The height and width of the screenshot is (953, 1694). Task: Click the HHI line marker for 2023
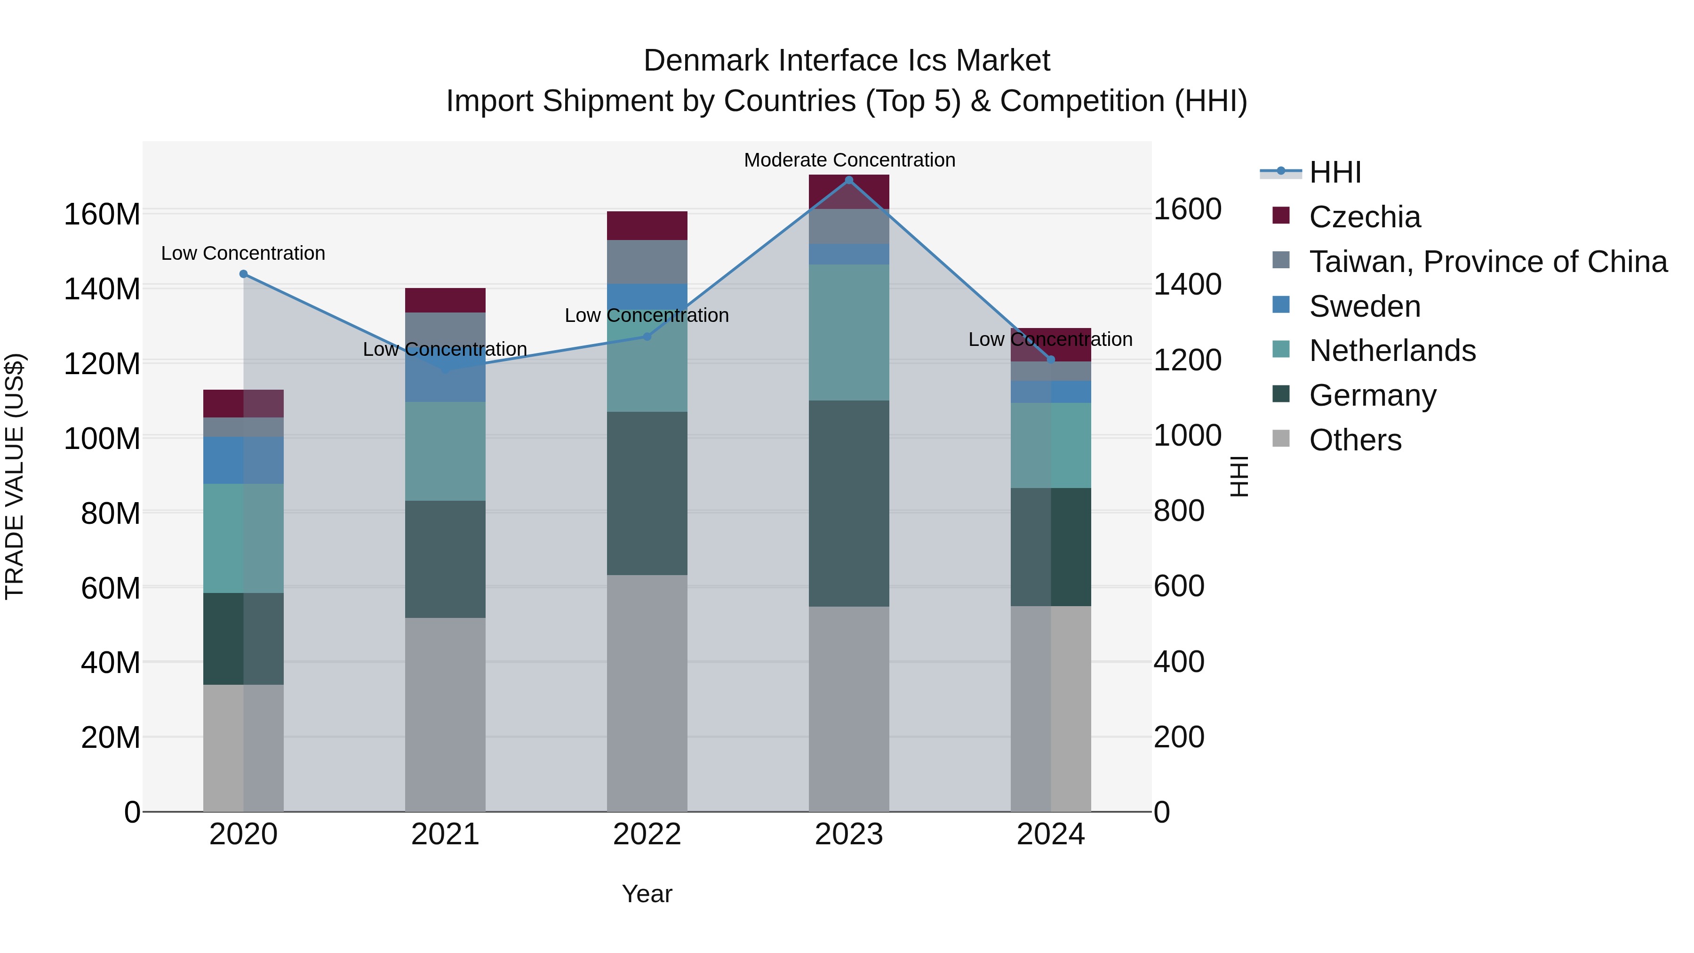tap(848, 180)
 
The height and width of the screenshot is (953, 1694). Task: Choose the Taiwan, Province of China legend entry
tap(1487, 262)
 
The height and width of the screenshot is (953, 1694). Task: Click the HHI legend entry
tap(1334, 172)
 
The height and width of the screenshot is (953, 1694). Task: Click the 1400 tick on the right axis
tap(1187, 284)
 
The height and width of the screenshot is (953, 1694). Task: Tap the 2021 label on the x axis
tap(445, 834)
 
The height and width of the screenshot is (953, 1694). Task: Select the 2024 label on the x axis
tap(1050, 834)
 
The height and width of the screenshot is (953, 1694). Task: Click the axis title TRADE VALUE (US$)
tap(15, 476)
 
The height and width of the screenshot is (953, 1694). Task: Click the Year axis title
tap(647, 894)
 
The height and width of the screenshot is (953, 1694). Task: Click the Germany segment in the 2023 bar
tap(848, 503)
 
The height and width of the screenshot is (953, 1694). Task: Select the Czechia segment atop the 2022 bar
tap(647, 225)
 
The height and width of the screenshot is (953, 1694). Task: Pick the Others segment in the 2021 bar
tap(445, 713)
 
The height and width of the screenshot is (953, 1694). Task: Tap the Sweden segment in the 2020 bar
tap(224, 460)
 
